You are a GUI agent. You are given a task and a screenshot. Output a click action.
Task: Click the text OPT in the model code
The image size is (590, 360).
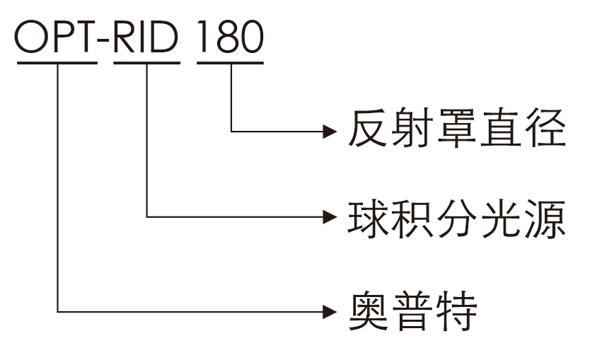coord(55,37)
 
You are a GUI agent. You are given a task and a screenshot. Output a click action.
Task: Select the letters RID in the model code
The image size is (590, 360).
coord(146,37)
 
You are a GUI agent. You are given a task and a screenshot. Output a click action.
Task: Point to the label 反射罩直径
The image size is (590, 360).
coord(456,129)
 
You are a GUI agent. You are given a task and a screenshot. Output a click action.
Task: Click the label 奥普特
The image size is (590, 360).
coord(413,310)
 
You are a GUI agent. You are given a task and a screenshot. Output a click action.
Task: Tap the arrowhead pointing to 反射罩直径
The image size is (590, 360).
coord(328,130)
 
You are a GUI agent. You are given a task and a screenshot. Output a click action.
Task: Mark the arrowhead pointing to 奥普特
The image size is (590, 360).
coord(328,310)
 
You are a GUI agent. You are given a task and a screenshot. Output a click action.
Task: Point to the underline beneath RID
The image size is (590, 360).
coord(146,63)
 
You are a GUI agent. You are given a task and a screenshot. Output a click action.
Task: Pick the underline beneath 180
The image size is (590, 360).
coord(231,63)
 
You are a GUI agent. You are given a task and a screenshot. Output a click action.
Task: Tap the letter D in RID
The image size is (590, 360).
coord(164,37)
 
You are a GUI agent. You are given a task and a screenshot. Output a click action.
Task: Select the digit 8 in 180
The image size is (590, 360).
coord(228,37)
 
